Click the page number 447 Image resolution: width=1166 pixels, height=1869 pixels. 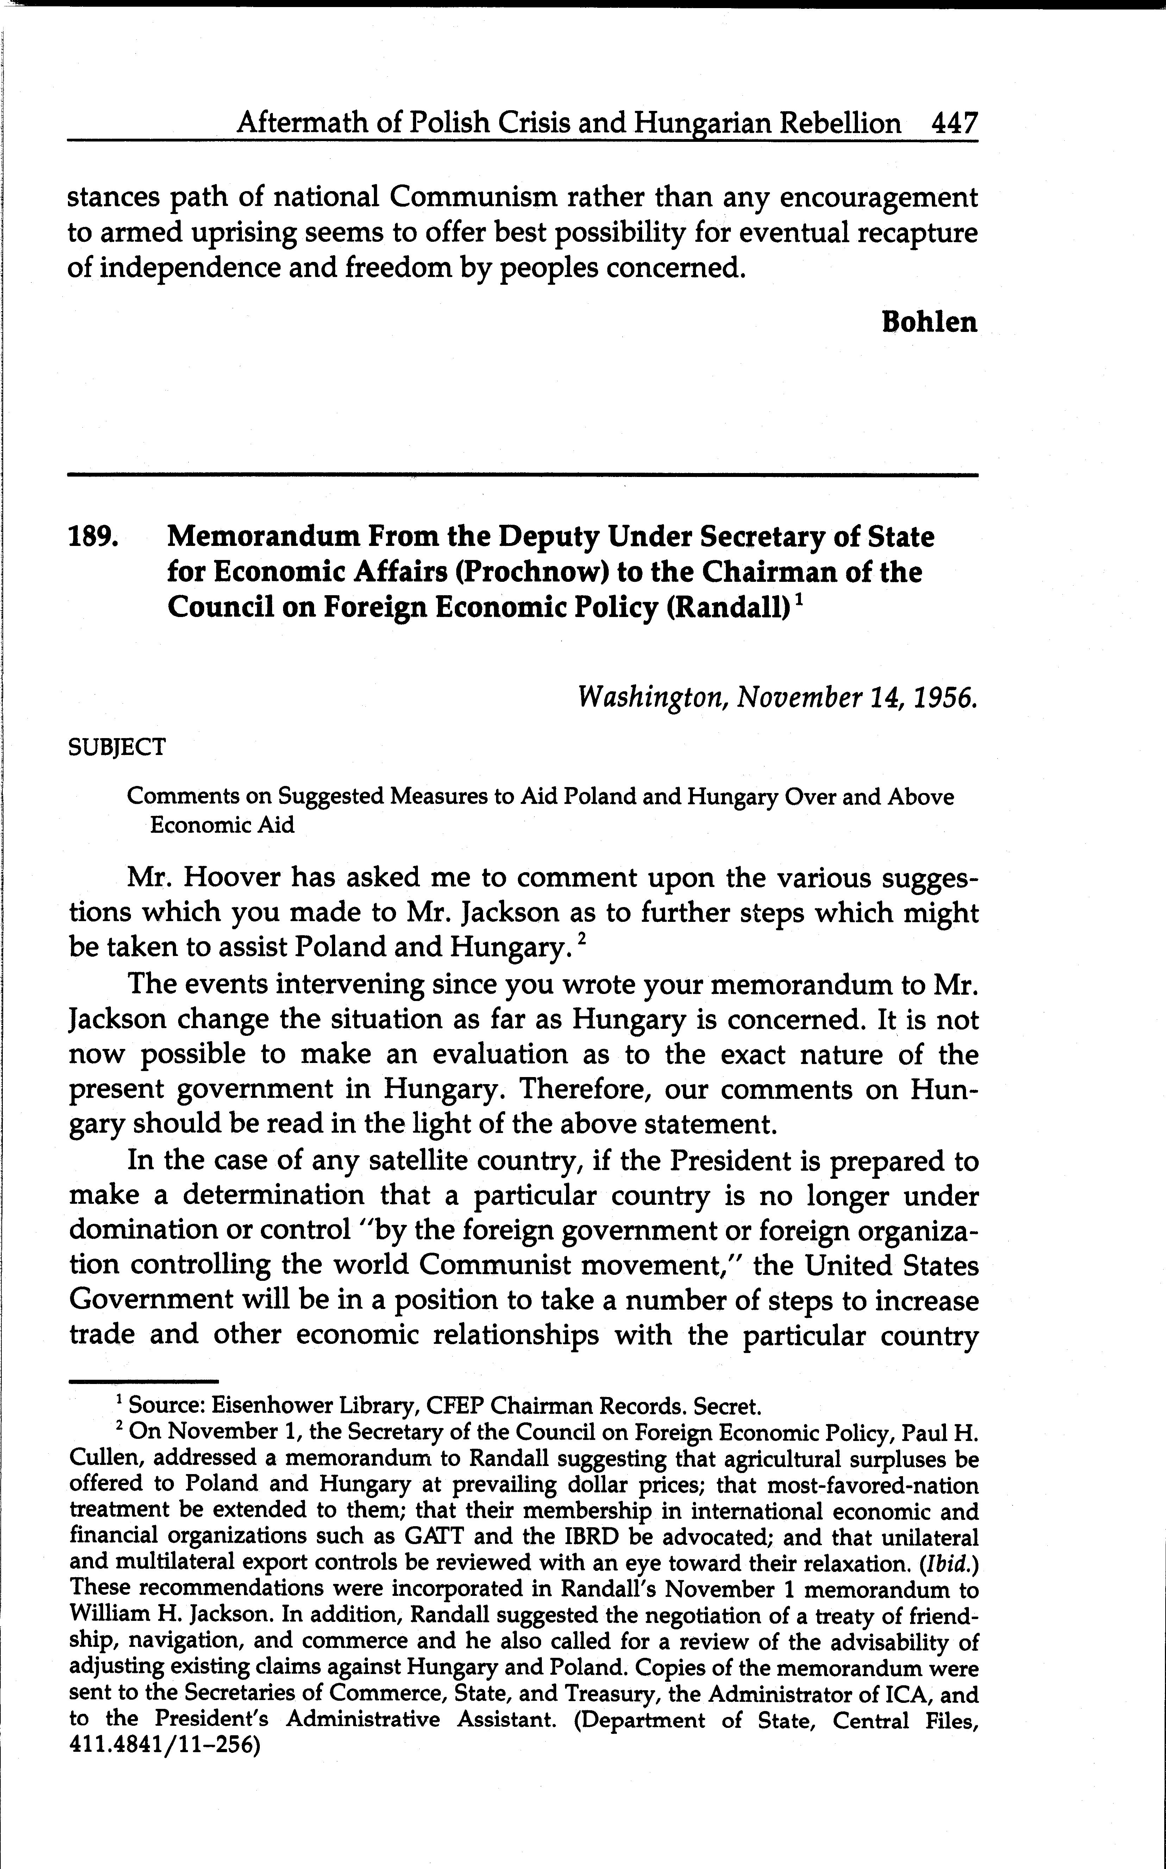coord(954,123)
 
